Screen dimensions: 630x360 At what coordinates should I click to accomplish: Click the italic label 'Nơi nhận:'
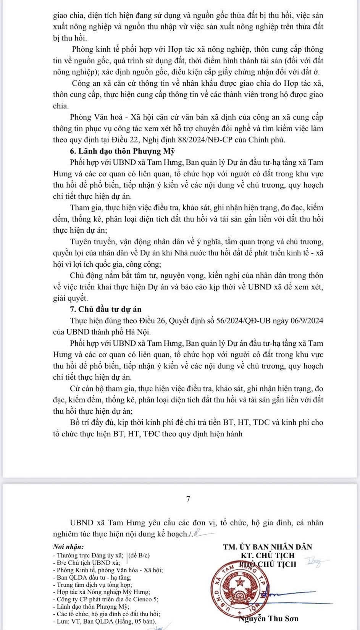68,547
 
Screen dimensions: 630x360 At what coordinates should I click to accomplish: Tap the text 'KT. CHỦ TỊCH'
268,555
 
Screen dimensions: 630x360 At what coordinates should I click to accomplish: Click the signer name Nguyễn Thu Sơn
269,619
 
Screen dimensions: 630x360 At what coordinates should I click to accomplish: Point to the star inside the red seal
241,583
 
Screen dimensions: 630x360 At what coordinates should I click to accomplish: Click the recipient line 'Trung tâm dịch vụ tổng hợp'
92,585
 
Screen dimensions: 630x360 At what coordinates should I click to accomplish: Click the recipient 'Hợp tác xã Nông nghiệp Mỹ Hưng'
101,592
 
